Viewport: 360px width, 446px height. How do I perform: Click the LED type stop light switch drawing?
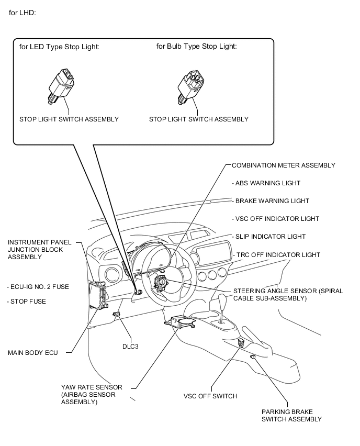tap(61, 86)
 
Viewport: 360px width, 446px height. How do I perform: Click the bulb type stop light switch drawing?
tap(191, 87)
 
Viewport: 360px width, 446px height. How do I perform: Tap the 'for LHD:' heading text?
tap(22, 13)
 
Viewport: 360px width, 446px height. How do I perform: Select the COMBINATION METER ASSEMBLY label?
tap(284, 165)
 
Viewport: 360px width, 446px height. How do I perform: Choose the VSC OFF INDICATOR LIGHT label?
tap(276, 219)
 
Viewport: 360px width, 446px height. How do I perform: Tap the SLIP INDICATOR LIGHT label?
tap(269, 237)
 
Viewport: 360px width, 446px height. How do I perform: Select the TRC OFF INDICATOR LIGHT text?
tap(277, 255)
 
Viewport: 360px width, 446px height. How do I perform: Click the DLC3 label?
tap(130, 347)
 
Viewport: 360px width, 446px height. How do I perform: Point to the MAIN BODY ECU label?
tap(32, 353)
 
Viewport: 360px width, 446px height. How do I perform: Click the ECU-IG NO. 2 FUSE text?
tap(38, 287)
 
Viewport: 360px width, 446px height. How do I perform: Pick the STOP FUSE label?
tap(27, 302)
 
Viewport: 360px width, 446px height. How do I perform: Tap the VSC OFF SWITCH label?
tap(210, 396)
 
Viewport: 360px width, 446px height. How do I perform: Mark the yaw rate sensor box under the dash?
tap(180, 323)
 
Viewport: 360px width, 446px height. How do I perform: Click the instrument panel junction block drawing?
tap(97, 295)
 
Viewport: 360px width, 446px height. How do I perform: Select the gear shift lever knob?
tap(222, 299)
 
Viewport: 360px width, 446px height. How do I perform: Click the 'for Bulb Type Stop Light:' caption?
tap(197, 47)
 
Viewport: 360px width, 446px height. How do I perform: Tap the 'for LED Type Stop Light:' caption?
tap(59, 47)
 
